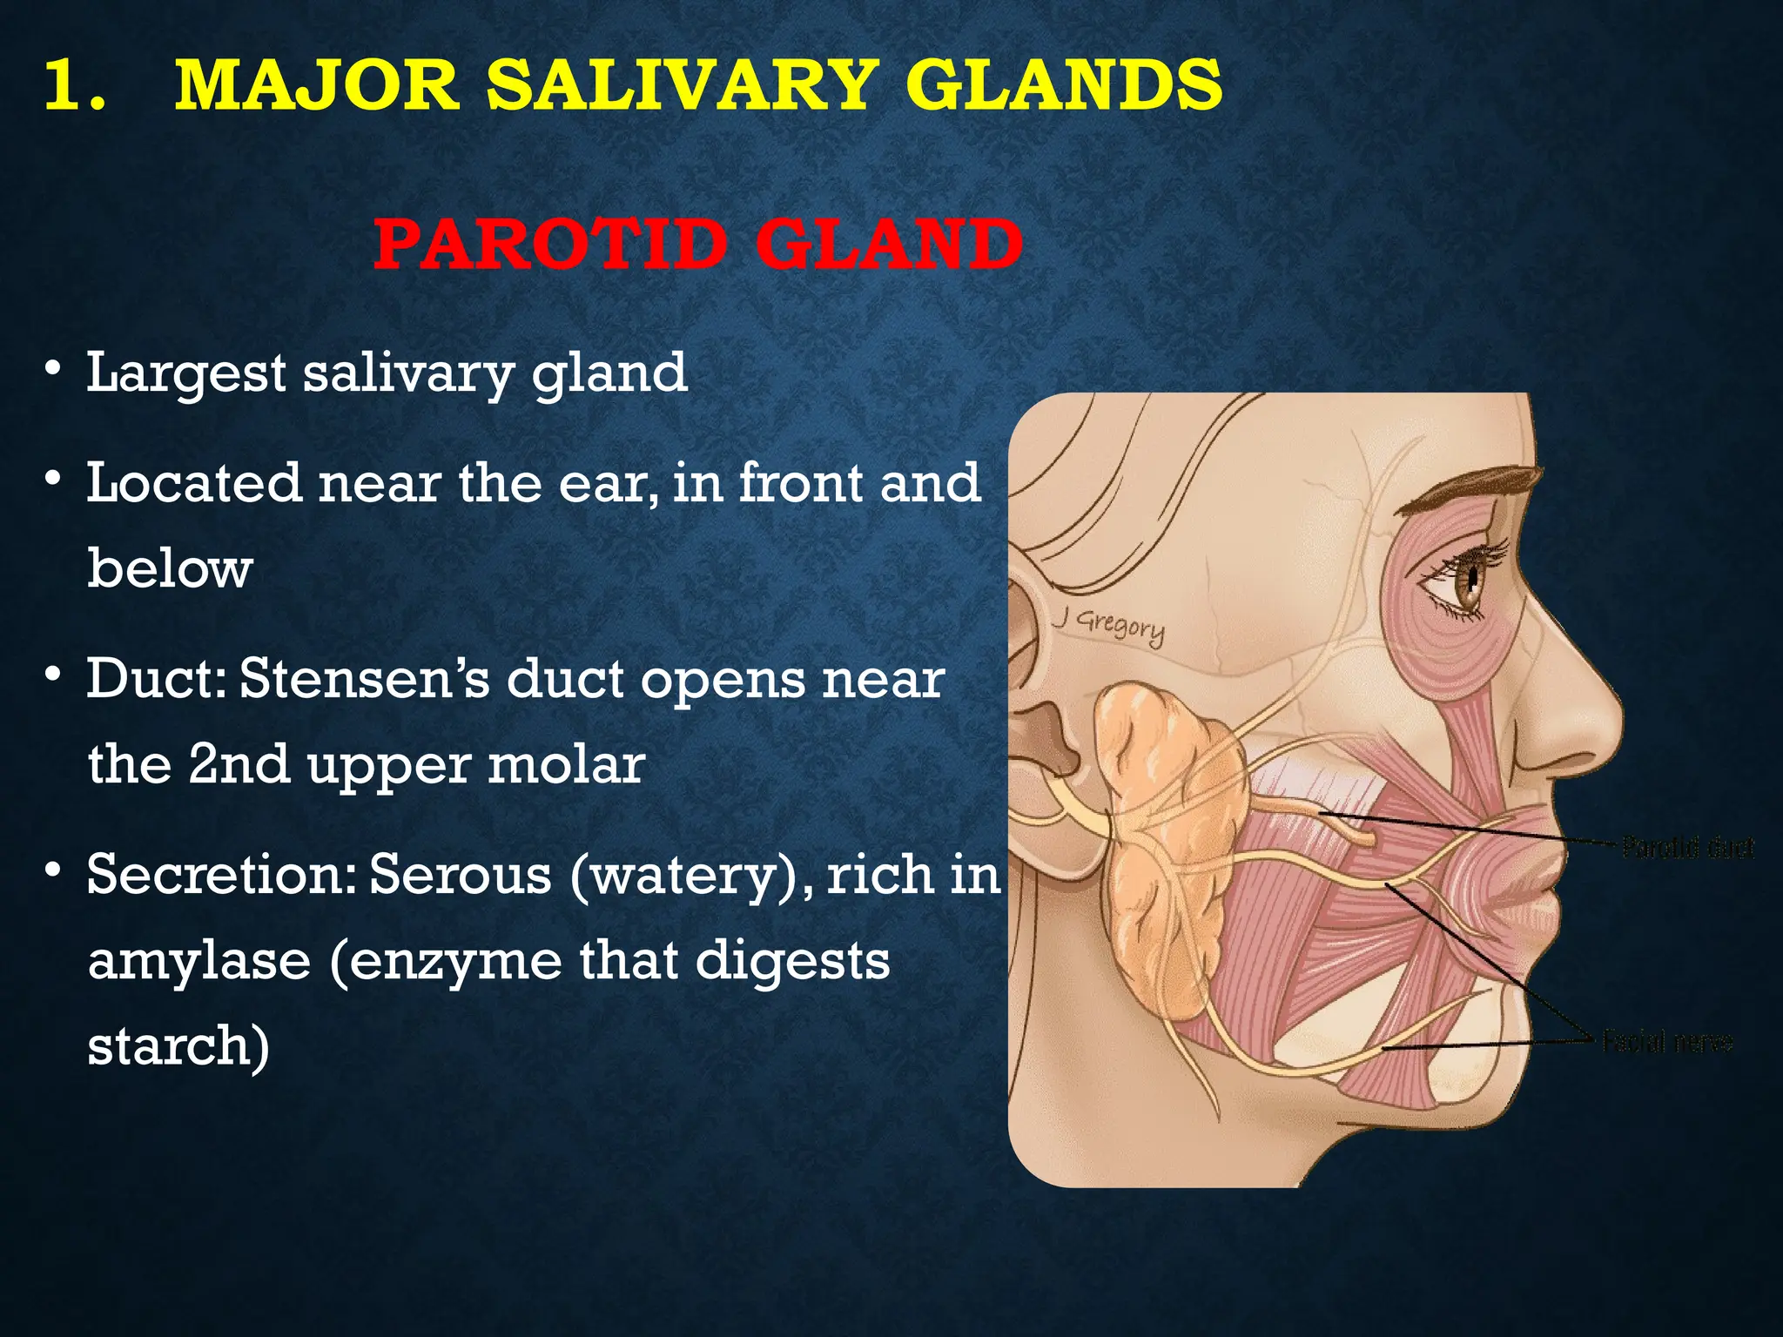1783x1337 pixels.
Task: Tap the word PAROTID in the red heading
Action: [549, 245]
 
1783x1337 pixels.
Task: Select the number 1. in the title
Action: [74, 85]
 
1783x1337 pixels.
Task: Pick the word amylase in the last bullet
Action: [199, 960]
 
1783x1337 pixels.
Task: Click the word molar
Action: [566, 765]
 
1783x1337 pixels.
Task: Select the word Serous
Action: [461, 875]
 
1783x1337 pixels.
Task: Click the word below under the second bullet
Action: [170, 568]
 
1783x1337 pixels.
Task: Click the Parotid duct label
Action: [1688, 847]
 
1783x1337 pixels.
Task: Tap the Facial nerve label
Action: [1667, 1041]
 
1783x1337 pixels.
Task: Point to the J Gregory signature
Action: [1109, 625]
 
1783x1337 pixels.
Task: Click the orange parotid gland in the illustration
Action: [1162, 836]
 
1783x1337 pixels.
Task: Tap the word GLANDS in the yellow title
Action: [1063, 85]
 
